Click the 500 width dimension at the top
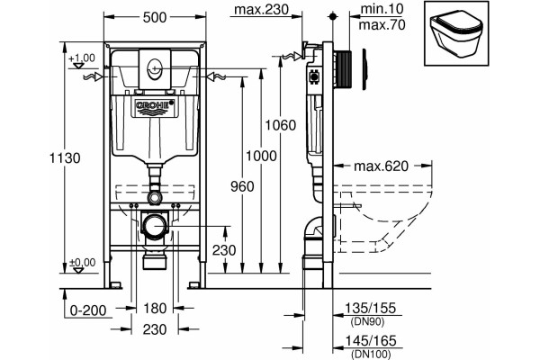coord(155,17)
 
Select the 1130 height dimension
coord(65,158)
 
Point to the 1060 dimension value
coord(280,125)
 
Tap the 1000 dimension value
coord(261,156)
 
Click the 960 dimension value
coord(242,186)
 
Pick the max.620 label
coord(381,166)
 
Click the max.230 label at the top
coord(261,9)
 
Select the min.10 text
coord(382,9)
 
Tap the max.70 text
coord(382,24)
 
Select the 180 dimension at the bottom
coord(155,308)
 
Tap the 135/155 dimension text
coord(371,308)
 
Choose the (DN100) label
coord(371,354)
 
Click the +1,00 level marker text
coord(82,58)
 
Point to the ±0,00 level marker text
coord(83,263)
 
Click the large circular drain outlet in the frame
coord(155,226)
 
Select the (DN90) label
coord(367,322)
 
